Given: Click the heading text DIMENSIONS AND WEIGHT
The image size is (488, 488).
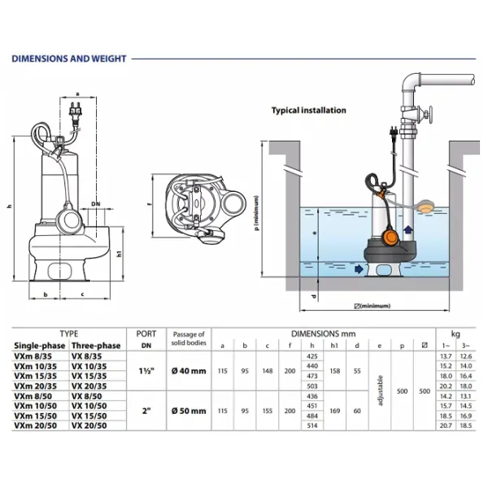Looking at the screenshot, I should (68, 59).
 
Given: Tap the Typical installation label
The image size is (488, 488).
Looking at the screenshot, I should (308, 111).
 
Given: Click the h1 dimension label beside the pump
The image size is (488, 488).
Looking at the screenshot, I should (120, 254).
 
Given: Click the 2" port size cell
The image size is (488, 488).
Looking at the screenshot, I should (146, 410).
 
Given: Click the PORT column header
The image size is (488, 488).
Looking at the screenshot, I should (146, 333).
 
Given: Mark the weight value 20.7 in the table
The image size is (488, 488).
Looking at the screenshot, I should (444, 425).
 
